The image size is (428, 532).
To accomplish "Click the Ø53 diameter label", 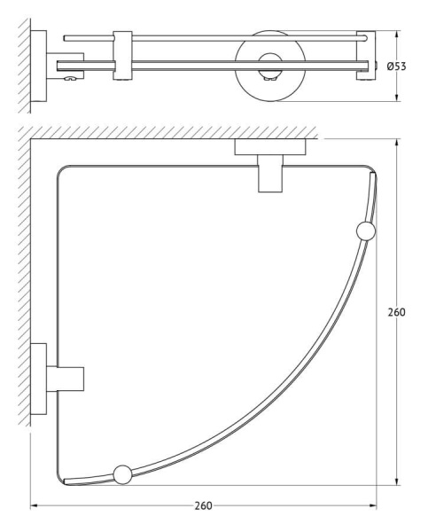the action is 396,66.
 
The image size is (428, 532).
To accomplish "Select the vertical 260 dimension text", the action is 396,312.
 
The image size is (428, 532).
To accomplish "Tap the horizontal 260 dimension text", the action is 204,506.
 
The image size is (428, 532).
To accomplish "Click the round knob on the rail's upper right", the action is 366,231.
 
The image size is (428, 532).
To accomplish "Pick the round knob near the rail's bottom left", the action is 122,474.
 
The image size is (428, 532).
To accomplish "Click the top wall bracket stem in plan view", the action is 270,174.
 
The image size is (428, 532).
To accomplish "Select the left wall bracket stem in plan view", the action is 65,379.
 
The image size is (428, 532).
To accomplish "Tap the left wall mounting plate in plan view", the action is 39,379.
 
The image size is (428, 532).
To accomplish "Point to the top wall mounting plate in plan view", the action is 270,147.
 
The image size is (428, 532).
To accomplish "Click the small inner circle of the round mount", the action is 270,66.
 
